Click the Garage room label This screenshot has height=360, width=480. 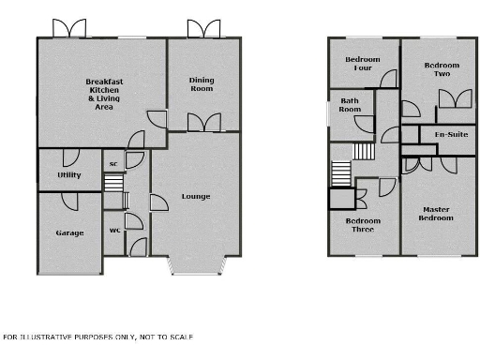(x=69, y=232)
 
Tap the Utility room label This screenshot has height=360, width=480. (x=68, y=175)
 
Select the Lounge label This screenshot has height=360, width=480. (x=196, y=196)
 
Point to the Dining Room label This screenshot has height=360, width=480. (x=202, y=84)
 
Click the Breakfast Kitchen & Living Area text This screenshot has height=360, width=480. (x=100, y=95)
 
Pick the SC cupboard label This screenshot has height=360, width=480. (x=113, y=165)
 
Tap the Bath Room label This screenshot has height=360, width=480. (x=350, y=105)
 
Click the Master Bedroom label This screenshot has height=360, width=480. (x=437, y=214)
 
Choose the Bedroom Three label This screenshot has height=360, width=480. (x=363, y=225)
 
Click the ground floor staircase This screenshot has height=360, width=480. (x=113, y=195)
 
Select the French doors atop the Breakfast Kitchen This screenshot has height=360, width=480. (x=68, y=28)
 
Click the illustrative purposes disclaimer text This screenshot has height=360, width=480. (x=97, y=336)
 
